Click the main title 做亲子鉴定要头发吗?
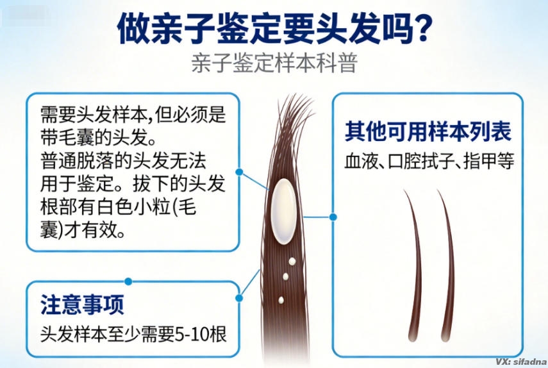click(274, 29)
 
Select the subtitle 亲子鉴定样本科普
click(274, 65)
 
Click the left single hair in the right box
click(416, 263)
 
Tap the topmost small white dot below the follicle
click(292, 262)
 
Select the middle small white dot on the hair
click(286, 276)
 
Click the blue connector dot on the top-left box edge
click(239, 172)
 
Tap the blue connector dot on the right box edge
click(332, 216)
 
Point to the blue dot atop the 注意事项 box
click(128, 281)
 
